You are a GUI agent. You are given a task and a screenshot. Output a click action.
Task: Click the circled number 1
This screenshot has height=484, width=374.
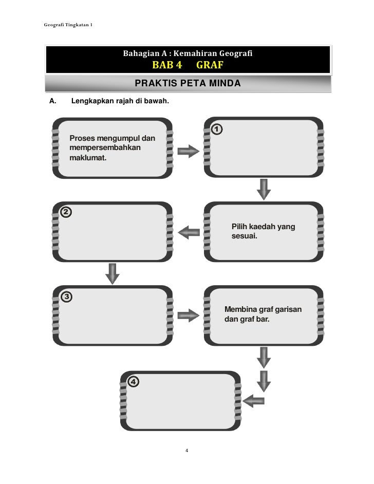coord(217,129)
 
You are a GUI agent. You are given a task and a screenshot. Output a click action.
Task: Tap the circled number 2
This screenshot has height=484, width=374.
coord(67,212)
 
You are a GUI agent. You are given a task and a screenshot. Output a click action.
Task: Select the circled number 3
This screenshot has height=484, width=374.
coord(67,296)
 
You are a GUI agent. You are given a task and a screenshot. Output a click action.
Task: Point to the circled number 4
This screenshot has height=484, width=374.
coord(133,381)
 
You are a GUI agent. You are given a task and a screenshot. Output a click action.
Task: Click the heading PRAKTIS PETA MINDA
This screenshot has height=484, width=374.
coord(188,83)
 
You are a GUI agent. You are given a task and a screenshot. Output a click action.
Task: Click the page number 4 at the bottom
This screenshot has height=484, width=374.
coord(187,451)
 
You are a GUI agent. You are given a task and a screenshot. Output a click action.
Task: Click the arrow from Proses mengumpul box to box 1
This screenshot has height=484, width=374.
coord(188,152)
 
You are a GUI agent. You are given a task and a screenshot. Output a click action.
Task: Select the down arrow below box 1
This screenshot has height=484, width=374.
coord(264,189)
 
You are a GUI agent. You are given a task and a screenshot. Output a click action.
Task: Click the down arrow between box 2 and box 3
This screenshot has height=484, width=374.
coord(112,273)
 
